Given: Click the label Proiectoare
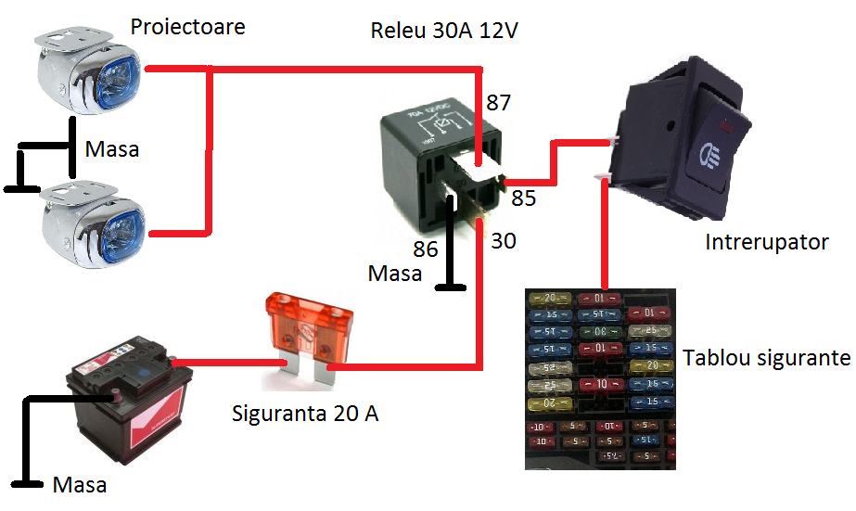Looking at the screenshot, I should point(187,26).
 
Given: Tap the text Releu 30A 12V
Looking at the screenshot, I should point(443,30).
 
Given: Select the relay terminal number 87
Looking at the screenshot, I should point(499,102).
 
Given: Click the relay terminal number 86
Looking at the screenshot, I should point(425,248).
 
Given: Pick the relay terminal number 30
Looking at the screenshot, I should point(503,240).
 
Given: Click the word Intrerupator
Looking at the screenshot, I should point(767,243).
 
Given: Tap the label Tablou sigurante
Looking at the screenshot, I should point(766,358).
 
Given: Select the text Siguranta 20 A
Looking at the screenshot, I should point(305,413).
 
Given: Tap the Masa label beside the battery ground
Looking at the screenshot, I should point(80,484).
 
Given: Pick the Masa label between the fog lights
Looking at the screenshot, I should point(112,148).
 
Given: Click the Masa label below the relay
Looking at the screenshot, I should point(395,274).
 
